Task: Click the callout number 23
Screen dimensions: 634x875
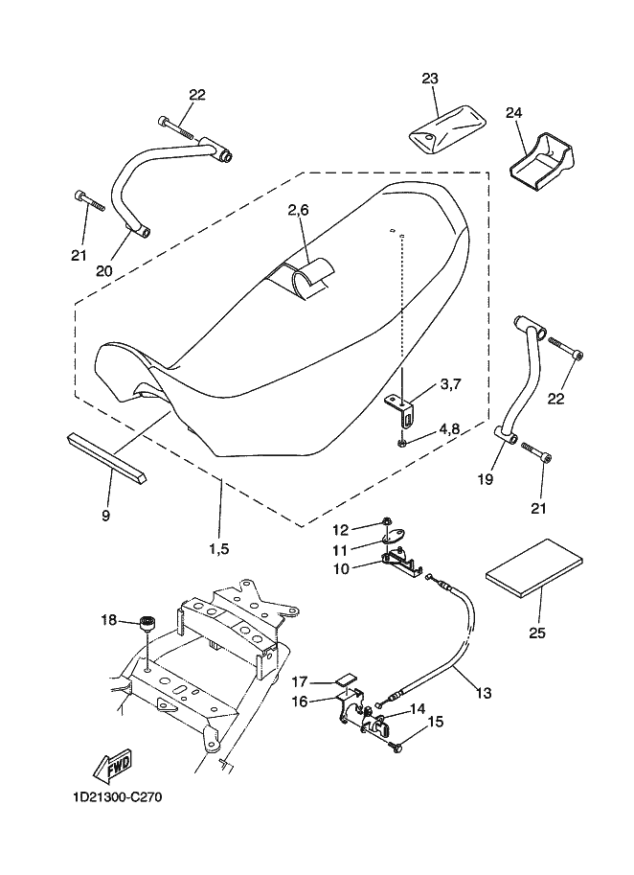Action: [x=430, y=79]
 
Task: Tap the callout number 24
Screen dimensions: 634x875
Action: [x=513, y=113]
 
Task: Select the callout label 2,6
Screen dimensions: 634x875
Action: [x=298, y=210]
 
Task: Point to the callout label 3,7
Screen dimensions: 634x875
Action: [x=450, y=384]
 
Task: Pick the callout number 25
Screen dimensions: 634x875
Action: [x=537, y=633]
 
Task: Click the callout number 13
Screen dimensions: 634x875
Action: [x=484, y=693]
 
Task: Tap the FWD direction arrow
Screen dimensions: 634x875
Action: [x=112, y=764]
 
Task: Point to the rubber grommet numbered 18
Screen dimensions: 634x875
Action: [x=147, y=623]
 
